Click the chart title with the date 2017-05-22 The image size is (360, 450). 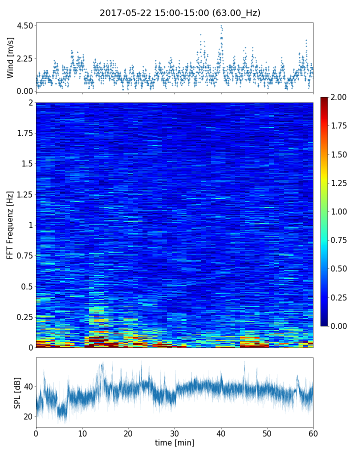tap(180, 13)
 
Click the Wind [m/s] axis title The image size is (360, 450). tap(10, 58)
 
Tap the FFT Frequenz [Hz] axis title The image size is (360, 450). tap(10, 224)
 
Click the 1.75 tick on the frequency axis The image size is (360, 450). tap(24, 133)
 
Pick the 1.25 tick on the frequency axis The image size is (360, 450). tap(24, 194)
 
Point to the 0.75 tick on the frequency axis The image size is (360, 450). tap(24, 256)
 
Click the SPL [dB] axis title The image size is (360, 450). tap(17, 392)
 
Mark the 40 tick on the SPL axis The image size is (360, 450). tap(27, 386)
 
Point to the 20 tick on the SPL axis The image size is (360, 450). tap(27, 416)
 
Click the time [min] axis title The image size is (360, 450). tap(174, 442)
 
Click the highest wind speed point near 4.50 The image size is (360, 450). tap(221, 25)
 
